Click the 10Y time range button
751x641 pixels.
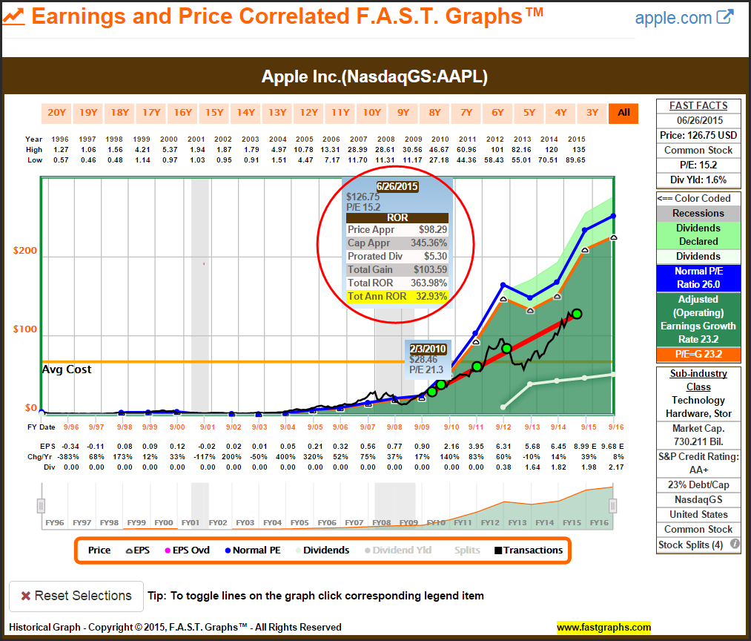point(371,113)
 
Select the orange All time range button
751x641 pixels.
point(623,113)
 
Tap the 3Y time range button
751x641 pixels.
point(592,113)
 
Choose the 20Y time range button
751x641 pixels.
point(57,113)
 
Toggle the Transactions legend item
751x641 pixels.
point(529,550)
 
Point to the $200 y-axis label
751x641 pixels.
point(24,251)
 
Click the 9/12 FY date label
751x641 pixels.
point(503,427)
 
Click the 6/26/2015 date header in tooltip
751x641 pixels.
point(397,186)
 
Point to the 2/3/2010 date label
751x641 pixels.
point(428,348)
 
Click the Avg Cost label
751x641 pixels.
point(67,369)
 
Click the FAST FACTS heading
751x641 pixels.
point(698,105)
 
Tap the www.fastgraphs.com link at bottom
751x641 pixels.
point(603,628)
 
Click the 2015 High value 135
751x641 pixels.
point(576,149)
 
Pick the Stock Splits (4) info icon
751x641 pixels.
point(735,544)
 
